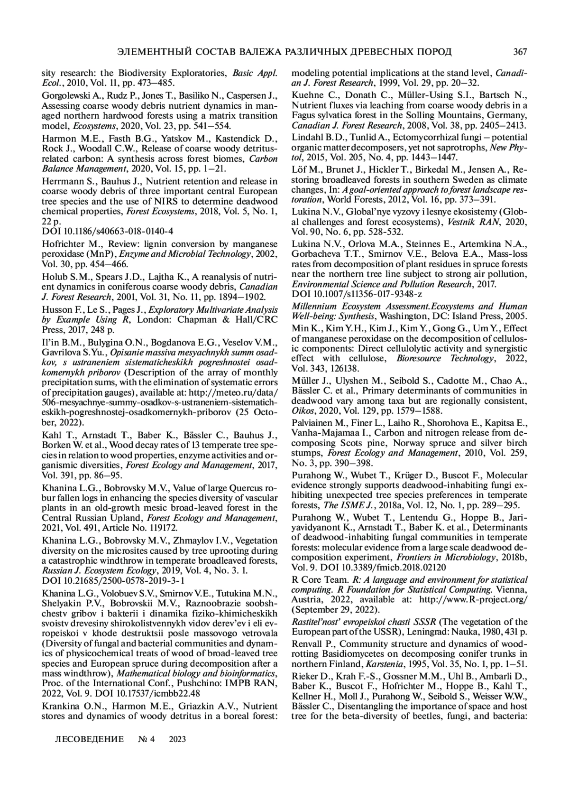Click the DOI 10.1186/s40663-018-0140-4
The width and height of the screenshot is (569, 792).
[x=108, y=231]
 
